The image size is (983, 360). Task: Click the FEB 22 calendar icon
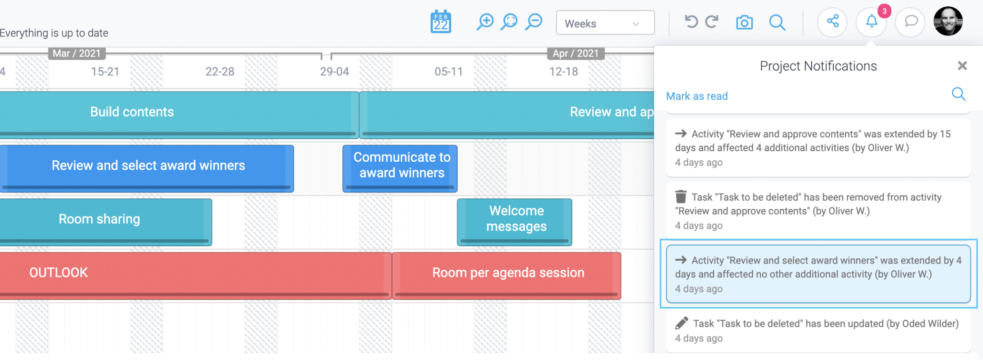[441, 22]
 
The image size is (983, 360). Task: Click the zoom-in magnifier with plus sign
[485, 22]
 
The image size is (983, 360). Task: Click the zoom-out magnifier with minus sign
[533, 22]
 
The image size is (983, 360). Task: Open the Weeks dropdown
[605, 23]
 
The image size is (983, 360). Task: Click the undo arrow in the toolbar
[691, 22]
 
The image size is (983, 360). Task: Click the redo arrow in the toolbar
[712, 22]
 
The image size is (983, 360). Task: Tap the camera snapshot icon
[744, 22]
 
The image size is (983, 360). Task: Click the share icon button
[833, 22]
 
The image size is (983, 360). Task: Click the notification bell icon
[872, 22]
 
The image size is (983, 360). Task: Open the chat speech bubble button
[911, 22]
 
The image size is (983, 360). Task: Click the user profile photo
[948, 21]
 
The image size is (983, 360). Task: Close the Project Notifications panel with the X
[962, 66]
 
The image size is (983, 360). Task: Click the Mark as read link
[697, 96]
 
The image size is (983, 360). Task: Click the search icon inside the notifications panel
[959, 94]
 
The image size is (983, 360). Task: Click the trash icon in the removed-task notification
[681, 197]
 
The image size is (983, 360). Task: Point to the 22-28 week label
[220, 72]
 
